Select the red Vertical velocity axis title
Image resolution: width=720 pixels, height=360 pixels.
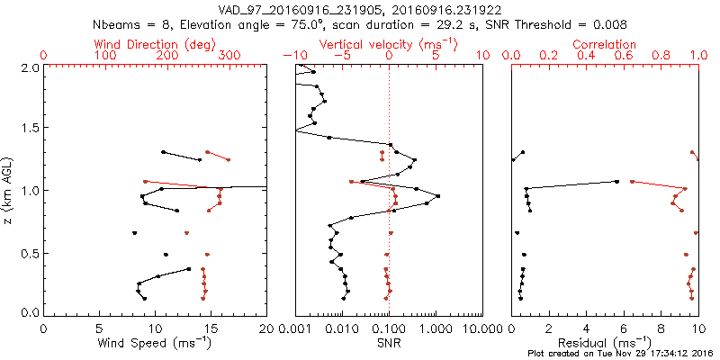tap(388, 43)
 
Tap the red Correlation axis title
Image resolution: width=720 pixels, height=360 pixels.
tap(605, 43)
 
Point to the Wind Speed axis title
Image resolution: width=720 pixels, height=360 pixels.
tap(156, 342)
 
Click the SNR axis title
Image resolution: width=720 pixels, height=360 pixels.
tap(389, 342)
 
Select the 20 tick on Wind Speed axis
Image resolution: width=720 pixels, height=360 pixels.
tap(267, 328)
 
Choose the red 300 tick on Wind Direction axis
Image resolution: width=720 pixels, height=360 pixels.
tap(229, 55)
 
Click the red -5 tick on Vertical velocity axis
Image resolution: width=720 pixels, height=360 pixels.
tap(340, 55)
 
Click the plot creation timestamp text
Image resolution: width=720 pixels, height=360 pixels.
tap(620, 354)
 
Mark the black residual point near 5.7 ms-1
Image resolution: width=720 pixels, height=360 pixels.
tap(616, 181)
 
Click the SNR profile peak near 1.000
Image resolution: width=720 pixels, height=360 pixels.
tap(437, 196)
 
